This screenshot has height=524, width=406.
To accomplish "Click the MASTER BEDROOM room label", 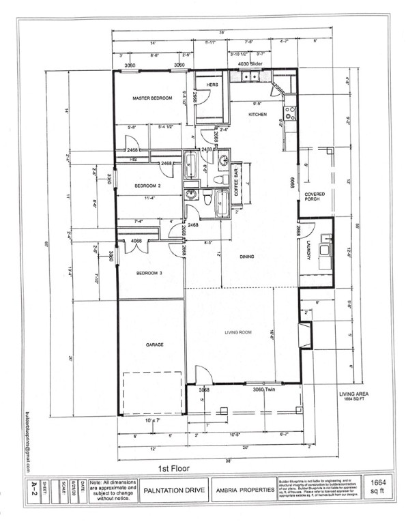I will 151,99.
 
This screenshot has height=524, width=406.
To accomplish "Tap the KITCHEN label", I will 257,114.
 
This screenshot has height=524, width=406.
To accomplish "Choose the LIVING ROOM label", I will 239,332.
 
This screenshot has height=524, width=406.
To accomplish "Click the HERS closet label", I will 212,85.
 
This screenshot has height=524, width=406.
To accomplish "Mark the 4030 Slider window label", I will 250,64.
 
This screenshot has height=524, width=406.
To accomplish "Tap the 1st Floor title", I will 174,469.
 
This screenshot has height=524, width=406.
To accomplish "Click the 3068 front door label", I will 203,390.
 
